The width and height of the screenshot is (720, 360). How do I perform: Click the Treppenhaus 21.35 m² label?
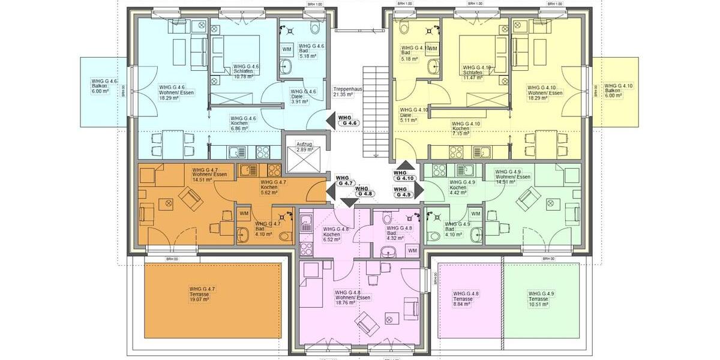click(x=347, y=91)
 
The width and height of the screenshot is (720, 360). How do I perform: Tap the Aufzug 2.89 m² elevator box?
click(x=305, y=147)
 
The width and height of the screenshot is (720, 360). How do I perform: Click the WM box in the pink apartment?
click(x=412, y=250)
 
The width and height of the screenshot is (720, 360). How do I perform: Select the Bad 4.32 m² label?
click(x=400, y=233)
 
